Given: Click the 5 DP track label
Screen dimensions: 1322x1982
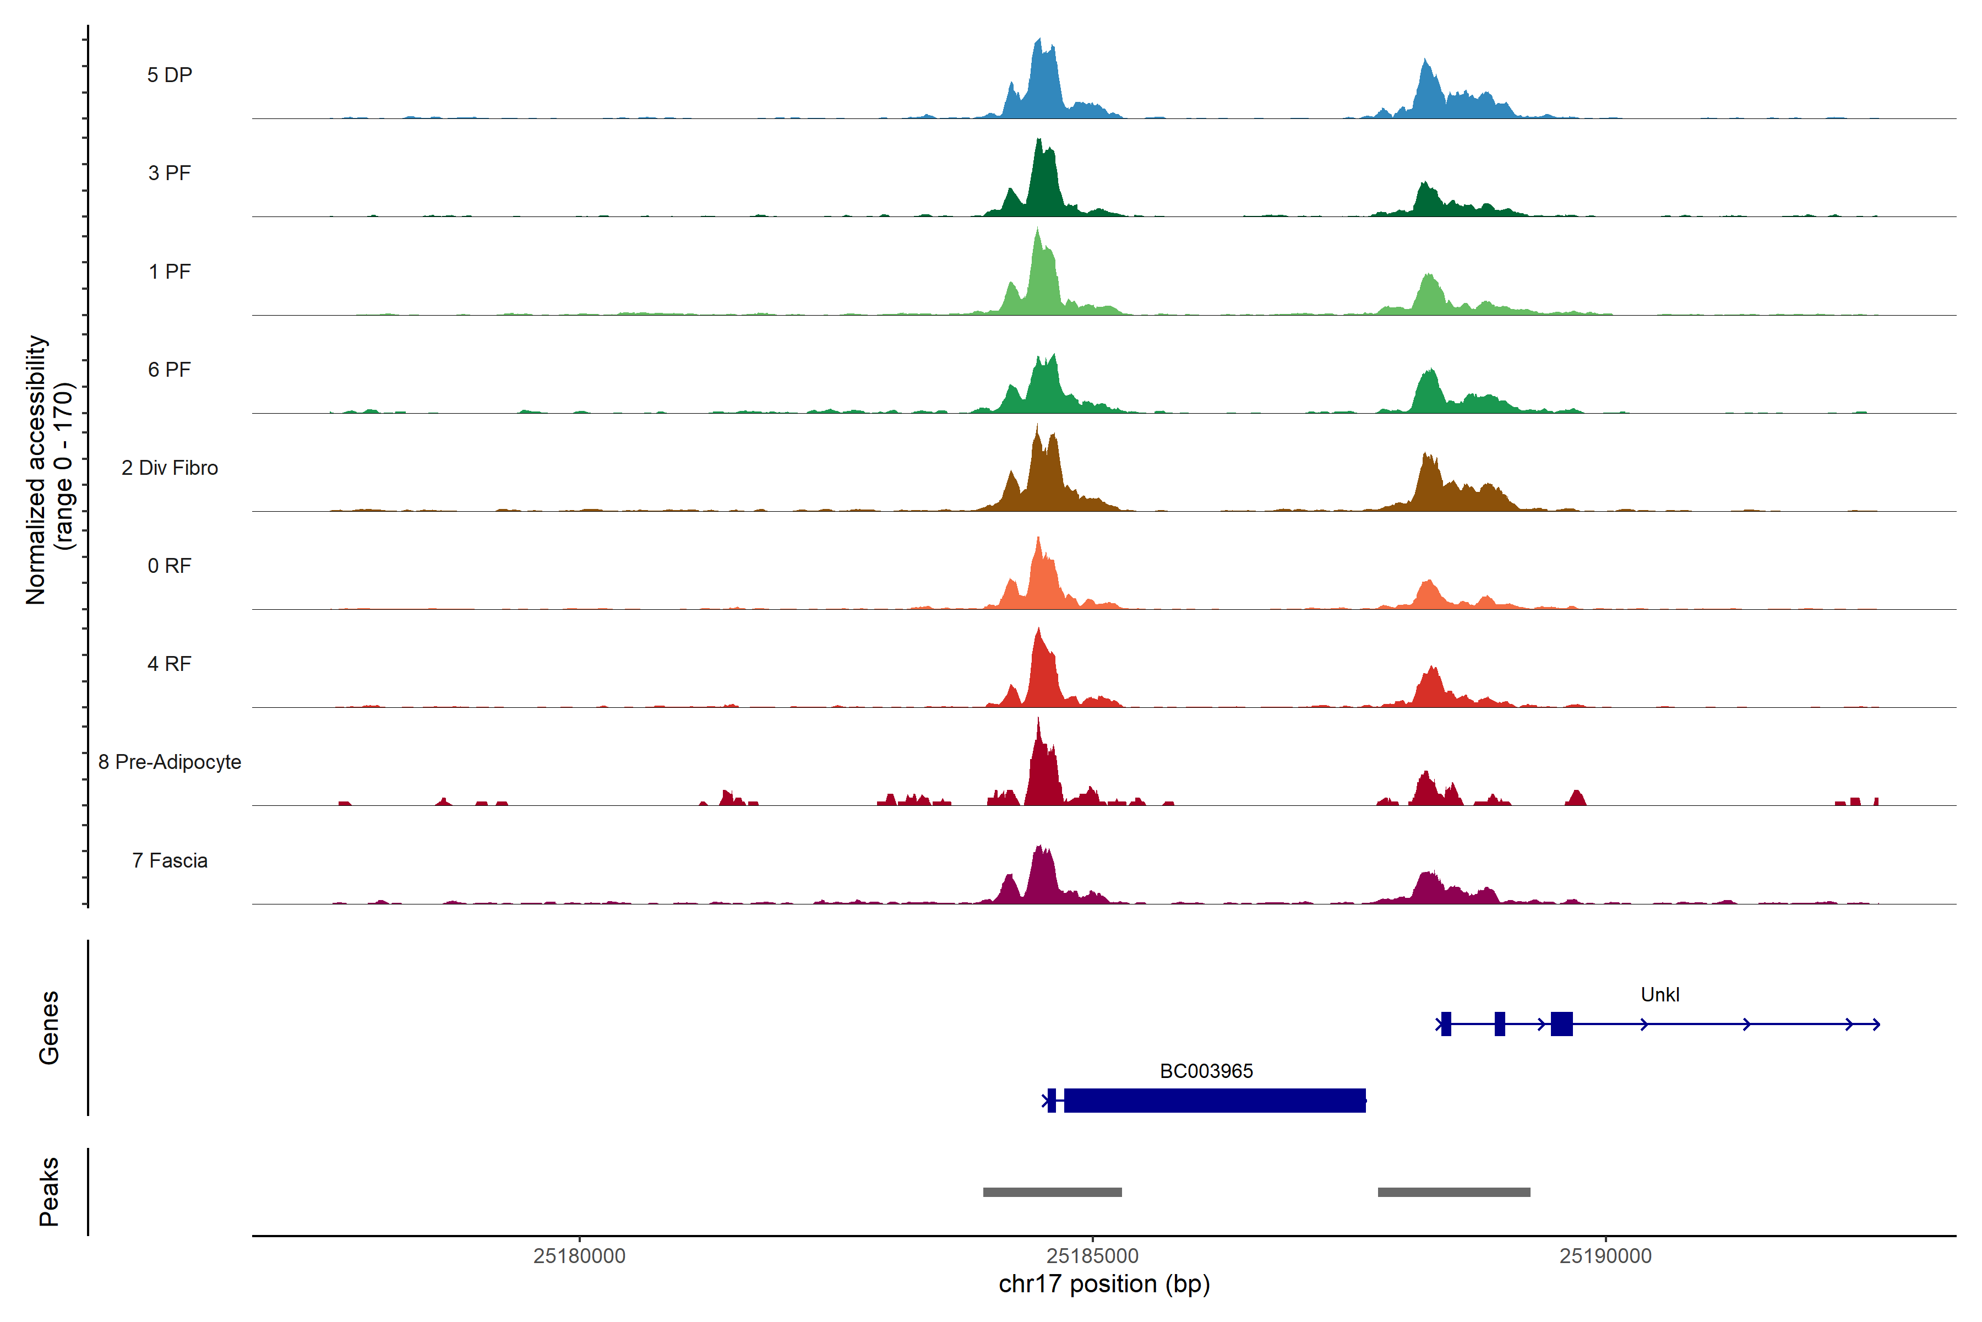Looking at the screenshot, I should (170, 75).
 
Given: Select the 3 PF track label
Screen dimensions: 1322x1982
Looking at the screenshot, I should (170, 173).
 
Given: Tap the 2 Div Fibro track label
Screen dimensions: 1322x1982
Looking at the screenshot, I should (170, 468).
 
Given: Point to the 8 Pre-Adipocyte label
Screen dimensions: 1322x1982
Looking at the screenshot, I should (170, 762).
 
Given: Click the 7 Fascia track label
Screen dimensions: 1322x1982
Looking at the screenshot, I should (170, 861).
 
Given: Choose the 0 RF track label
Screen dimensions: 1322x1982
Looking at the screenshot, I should (170, 566).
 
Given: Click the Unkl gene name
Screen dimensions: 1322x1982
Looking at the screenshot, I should (1659, 995).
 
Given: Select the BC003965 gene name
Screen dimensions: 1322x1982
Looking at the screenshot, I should (1206, 1071).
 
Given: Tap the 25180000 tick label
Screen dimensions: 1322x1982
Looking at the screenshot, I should (579, 1256).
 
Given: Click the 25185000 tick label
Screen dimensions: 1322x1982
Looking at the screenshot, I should (1092, 1256).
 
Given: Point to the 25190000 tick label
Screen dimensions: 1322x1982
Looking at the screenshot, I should (1605, 1256).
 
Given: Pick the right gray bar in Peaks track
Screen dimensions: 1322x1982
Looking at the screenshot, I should (1453, 1192).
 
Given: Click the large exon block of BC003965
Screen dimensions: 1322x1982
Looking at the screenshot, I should (1215, 1100).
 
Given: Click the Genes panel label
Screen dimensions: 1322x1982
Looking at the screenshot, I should (49, 1028).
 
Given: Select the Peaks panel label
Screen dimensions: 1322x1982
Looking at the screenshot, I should (49, 1191).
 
